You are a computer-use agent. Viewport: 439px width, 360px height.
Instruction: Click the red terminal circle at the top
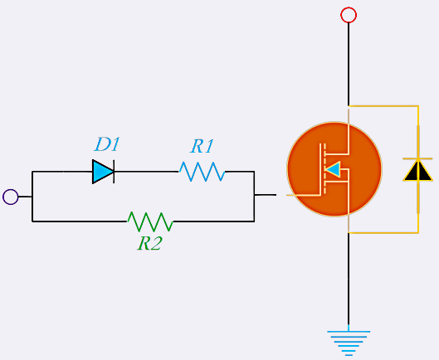point(349,15)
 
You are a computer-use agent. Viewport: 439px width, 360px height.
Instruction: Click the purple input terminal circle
point(11,197)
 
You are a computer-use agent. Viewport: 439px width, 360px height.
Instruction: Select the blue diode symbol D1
point(103,172)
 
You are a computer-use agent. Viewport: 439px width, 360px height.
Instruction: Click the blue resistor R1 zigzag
point(202,172)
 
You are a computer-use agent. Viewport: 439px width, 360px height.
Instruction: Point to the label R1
point(202,146)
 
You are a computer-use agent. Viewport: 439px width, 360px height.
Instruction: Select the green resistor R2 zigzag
point(149,221)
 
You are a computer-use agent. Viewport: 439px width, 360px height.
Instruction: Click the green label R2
point(149,244)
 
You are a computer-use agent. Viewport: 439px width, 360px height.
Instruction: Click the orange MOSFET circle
point(334,169)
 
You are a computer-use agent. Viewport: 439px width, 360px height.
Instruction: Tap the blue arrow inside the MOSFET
point(333,170)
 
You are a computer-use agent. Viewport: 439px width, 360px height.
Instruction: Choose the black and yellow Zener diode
point(417,169)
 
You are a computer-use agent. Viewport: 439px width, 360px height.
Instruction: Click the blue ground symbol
point(349,341)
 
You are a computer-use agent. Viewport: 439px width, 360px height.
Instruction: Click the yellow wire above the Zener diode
point(417,129)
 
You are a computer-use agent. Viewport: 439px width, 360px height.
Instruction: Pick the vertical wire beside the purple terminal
point(32,197)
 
